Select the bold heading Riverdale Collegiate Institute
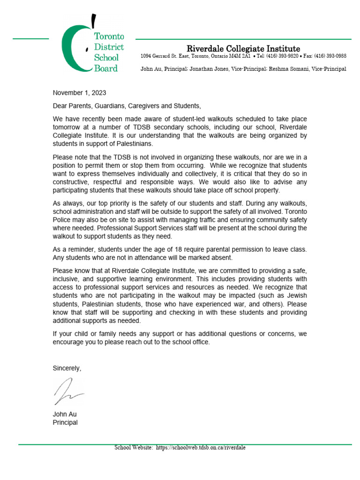243,48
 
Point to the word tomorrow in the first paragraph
67,127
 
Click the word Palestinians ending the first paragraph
127,143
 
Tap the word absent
222,257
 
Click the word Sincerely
67,368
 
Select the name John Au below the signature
65,414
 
